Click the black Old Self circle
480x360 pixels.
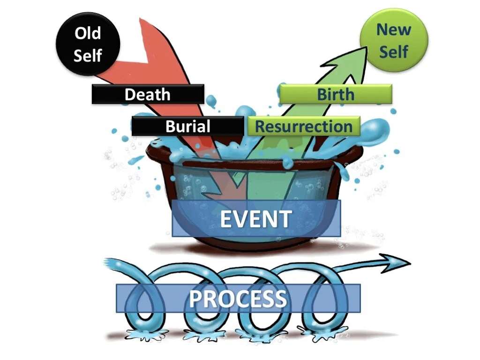pos(88,44)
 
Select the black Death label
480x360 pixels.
pos(148,94)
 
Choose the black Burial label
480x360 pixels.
pos(187,127)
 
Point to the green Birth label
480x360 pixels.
pos(336,94)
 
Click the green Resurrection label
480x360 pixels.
pos(304,127)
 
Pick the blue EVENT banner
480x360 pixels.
pos(256,218)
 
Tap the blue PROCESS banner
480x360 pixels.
pos(238,298)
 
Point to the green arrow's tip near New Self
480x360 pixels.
pos(363,49)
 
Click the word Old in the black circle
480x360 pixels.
pos(88,34)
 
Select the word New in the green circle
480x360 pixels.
pos(394,30)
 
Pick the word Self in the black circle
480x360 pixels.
pos(88,55)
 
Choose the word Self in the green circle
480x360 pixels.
pos(394,51)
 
